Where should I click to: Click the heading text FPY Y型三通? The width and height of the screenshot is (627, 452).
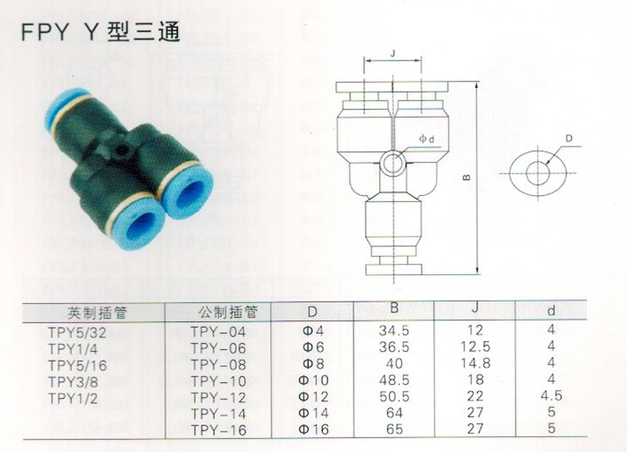click(101, 31)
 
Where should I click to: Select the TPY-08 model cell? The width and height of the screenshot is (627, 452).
click(218, 365)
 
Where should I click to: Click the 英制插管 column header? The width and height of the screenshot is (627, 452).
click(97, 313)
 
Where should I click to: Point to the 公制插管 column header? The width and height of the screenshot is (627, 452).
click(228, 312)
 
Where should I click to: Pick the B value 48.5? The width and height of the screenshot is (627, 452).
click(394, 380)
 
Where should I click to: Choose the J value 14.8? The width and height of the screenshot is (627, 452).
click(475, 363)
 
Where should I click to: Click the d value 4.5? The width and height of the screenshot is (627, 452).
click(551, 396)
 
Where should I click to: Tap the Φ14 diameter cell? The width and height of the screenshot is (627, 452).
click(314, 413)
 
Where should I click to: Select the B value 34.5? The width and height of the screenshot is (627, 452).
click(394, 330)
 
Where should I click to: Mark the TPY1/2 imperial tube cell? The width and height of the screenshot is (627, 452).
click(73, 399)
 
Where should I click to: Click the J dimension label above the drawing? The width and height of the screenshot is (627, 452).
click(393, 52)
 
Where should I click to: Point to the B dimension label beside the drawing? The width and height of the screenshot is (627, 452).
click(466, 178)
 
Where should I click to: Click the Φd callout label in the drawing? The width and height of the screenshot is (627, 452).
click(426, 139)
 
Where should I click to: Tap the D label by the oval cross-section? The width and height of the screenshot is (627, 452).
click(569, 139)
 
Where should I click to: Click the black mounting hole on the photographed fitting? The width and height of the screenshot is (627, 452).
click(121, 149)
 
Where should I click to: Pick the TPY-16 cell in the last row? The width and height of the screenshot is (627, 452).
click(218, 430)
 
